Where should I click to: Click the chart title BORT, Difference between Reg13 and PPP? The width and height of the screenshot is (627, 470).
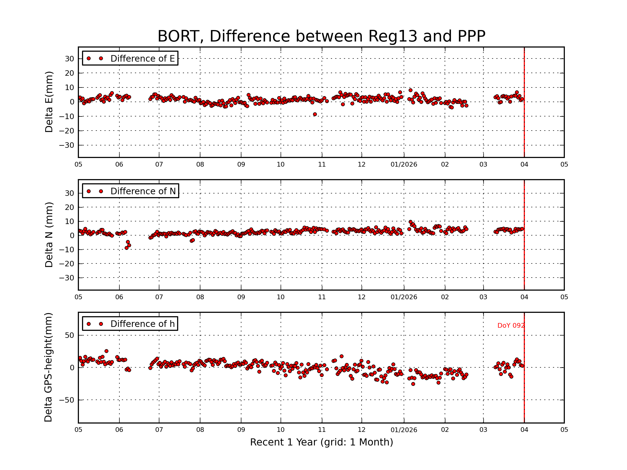[x=321, y=36]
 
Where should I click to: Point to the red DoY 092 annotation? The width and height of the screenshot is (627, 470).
[x=511, y=326]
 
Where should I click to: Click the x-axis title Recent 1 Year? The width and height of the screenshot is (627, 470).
[x=321, y=442]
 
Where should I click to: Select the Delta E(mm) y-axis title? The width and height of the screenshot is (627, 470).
[x=49, y=102]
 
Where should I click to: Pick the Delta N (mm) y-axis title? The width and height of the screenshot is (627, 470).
[x=49, y=234]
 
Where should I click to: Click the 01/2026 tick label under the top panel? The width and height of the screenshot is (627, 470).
[x=404, y=164]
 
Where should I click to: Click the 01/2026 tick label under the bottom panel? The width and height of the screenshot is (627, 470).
[x=404, y=430]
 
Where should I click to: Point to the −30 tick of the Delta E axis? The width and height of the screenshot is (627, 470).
[x=67, y=145]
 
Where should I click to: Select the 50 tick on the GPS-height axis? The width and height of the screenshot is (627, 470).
[x=69, y=336]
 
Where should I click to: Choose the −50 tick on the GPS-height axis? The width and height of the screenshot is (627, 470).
[x=67, y=400]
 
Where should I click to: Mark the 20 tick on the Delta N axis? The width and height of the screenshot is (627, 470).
[x=69, y=207]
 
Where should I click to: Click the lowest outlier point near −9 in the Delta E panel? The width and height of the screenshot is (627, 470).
[x=315, y=114]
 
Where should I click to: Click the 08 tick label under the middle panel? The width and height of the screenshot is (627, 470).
[x=200, y=297]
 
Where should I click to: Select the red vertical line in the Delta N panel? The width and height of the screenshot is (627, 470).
[x=524, y=255]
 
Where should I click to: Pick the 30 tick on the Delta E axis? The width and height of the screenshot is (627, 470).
[x=69, y=59]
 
